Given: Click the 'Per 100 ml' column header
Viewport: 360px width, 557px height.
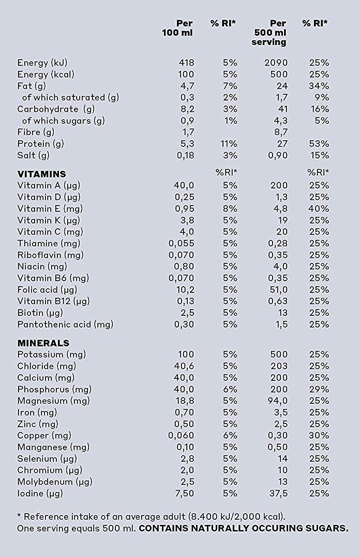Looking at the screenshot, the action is (x=177, y=28).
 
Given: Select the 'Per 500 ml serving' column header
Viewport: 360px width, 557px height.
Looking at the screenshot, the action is (x=269, y=33).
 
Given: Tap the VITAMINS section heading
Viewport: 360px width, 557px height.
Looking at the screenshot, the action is (x=41, y=174).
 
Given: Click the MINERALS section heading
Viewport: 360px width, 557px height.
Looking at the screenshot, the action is (x=43, y=343).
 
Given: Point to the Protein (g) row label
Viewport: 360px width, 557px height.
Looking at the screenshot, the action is (x=40, y=144).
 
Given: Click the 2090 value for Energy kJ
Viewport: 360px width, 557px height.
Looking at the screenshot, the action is (x=276, y=63).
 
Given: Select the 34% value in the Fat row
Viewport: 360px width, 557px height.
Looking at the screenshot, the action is (x=319, y=86).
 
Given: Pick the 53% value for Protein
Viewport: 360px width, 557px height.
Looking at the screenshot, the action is (x=319, y=144).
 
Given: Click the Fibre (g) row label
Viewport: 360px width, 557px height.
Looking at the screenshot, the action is (x=36, y=132).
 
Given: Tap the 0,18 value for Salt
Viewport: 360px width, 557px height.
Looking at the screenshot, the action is (x=185, y=156).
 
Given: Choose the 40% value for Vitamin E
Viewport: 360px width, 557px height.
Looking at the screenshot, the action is (x=319, y=209).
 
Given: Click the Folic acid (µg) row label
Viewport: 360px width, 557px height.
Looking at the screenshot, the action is (x=47, y=290).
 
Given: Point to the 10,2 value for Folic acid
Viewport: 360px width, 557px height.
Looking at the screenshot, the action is (x=185, y=290).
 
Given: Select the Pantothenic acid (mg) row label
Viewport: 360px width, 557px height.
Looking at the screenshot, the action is (x=65, y=325).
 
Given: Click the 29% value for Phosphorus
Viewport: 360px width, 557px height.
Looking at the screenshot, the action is (x=319, y=390).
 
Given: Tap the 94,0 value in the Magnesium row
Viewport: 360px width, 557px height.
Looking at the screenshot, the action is (x=277, y=401).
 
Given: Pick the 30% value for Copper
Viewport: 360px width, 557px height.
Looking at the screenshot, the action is (x=319, y=436).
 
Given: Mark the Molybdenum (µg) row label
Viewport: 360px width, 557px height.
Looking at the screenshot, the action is (x=55, y=482).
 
